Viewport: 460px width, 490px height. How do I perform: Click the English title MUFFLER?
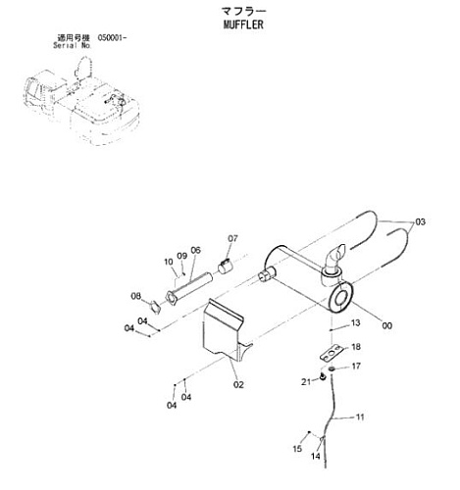click(x=243, y=24)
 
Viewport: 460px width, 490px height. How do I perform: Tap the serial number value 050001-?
click(x=112, y=38)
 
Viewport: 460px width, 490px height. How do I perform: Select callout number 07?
click(x=232, y=238)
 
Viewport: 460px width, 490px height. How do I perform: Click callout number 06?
click(x=195, y=250)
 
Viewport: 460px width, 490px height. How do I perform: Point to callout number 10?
click(x=169, y=262)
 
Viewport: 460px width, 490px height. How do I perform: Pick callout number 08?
click(x=136, y=296)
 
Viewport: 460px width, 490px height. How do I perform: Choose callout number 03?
click(x=421, y=221)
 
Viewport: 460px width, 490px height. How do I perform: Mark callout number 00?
click(x=387, y=325)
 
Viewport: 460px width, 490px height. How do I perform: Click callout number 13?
click(x=355, y=322)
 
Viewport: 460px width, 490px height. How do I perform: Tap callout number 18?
click(x=356, y=347)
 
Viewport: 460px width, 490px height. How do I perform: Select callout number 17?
click(x=356, y=367)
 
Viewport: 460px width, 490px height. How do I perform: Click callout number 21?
click(x=306, y=381)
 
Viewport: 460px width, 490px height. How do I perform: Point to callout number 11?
click(x=360, y=417)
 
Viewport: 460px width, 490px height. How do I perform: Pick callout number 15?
click(x=297, y=449)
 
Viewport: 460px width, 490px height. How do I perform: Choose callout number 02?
click(x=238, y=385)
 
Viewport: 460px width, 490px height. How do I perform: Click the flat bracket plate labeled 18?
click(x=331, y=353)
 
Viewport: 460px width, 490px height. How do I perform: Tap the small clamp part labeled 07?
click(x=225, y=266)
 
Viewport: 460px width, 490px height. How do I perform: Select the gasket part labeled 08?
click(x=155, y=307)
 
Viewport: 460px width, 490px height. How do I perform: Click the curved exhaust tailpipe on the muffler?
click(x=335, y=256)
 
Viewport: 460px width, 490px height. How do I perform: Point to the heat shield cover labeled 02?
click(x=224, y=330)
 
